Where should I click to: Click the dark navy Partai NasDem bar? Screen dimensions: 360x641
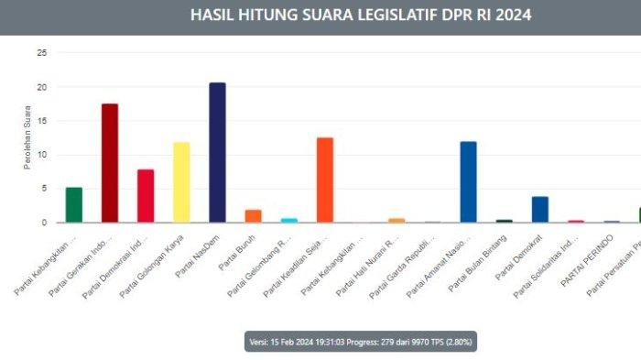tap(217, 152)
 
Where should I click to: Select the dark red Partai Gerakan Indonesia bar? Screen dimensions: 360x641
tap(109, 162)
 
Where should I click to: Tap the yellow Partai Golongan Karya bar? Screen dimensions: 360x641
tap(181, 181)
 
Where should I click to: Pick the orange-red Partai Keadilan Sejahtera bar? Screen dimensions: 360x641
tap(324, 180)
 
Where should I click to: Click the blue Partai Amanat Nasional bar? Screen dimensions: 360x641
tap(468, 181)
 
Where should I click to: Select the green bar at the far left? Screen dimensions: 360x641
tap(74, 204)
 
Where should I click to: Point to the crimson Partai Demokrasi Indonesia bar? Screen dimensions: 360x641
tap(146, 195)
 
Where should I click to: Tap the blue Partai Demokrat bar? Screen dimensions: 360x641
tap(540, 209)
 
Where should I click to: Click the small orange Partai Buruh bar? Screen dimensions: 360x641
tap(253, 216)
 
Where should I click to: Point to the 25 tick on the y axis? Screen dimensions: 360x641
tap(41, 53)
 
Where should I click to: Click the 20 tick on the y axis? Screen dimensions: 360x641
tap(41, 87)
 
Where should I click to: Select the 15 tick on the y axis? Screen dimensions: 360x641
tap(41, 121)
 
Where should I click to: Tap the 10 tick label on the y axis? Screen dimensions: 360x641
tap(41, 155)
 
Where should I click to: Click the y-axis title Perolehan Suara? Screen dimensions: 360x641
tap(27, 137)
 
